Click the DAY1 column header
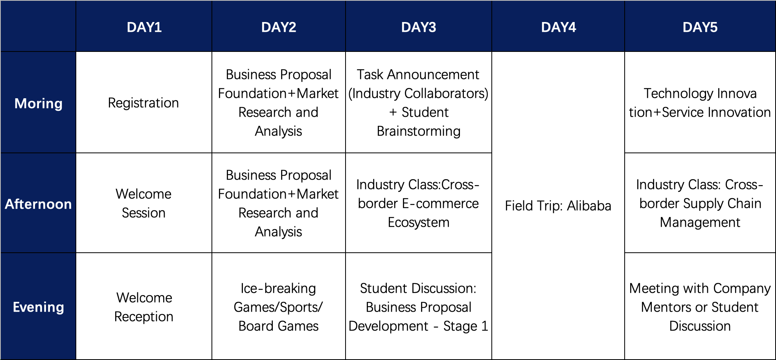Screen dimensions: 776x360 point(144,27)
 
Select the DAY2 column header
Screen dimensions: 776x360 point(279,27)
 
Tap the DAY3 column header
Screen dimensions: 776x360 point(419,27)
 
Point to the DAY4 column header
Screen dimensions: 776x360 point(558,27)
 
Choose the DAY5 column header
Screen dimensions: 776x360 point(700,27)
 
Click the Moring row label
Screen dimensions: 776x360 point(38,103)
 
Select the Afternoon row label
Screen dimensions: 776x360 point(38,204)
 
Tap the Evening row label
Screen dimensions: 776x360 point(38,307)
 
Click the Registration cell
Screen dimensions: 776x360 point(144,103)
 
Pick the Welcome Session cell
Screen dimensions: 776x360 point(144,203)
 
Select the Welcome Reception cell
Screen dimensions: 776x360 point(144,307)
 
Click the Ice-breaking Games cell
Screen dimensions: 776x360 point(279,307)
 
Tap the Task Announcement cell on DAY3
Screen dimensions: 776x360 point(419,103)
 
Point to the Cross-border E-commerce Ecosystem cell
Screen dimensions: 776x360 point(419,203)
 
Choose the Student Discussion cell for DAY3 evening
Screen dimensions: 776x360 point(419,307)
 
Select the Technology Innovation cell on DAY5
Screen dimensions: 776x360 point(700,103)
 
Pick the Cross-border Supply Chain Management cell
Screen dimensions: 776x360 point(700,203)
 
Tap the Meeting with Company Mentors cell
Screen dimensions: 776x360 point(700,307)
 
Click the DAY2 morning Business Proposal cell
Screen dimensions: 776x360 point(279,103)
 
